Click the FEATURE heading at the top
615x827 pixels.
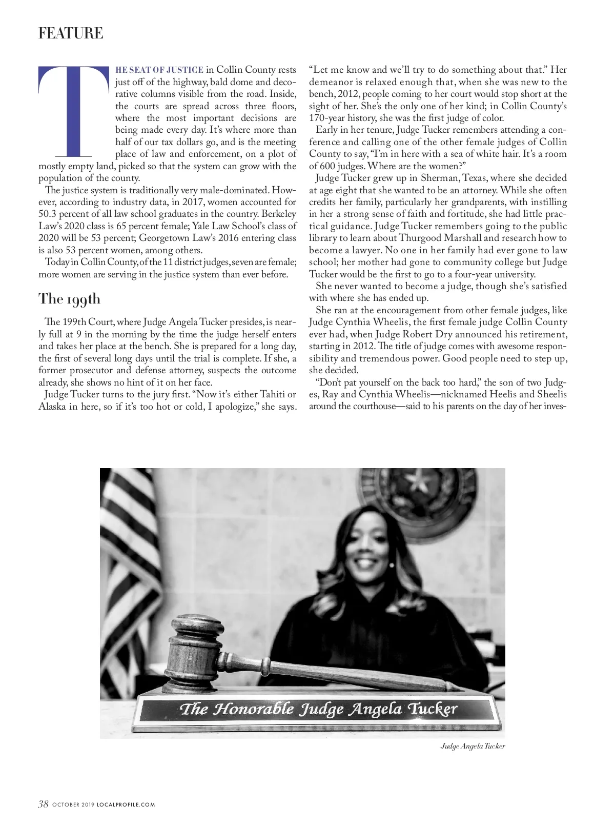(x=71, y=33)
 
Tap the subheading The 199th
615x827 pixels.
(x=70, y=299)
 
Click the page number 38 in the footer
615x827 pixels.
(x=43, y=804)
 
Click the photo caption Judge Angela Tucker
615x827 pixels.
(x=473, y=746)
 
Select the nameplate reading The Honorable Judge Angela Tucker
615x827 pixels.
(x=318, y=710)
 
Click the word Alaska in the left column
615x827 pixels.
(x=52, y=407)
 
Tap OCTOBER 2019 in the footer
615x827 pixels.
(x=73, y=804)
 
